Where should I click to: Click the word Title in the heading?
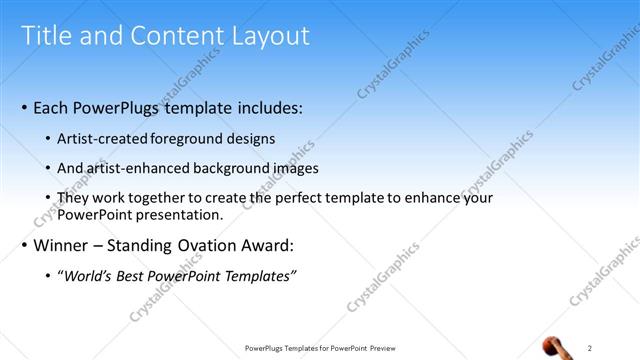point(46,36)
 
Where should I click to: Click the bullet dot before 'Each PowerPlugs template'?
point(24,108)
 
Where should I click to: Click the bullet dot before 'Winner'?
point(24,245)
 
